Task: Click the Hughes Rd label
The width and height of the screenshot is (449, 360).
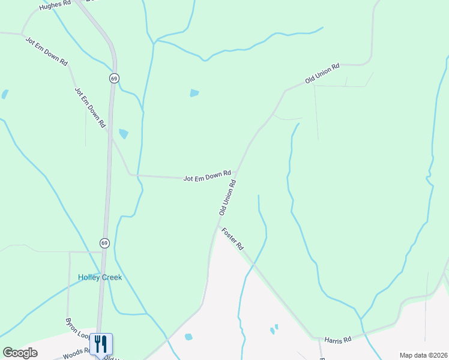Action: [x=55, y=5]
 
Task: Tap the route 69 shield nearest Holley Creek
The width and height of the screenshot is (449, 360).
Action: [x=104, y=242]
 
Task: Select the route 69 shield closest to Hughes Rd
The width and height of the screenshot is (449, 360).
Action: [x=114, y=78]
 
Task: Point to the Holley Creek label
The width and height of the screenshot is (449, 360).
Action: [x=100, y=277]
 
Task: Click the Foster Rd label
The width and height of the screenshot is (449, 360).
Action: [x=232, y=239]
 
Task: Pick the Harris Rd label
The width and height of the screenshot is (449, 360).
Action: [x=337, y=340]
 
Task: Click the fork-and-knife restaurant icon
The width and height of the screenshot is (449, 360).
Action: [x=101, y=344]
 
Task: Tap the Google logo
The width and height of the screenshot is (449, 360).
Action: [x=20, y=353]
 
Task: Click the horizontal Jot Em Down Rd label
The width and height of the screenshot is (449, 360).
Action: [x=207, y=176]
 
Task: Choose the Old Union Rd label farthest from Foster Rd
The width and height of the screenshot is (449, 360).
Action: [x=322, y=73]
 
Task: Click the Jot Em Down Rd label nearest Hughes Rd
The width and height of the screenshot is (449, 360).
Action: [x=47, y=50]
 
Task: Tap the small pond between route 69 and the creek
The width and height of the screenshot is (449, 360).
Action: [x=124, y=134]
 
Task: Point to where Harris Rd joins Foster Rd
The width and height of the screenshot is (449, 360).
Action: [x=313, y=338]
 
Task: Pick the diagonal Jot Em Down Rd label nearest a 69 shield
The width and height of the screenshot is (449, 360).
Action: [x=90, y=107]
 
